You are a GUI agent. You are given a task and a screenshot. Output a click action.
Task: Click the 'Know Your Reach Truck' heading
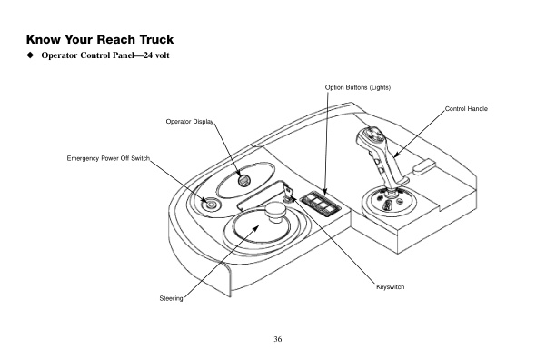tap(100, 39)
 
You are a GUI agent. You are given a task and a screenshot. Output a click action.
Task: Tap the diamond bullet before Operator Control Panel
tap(31, 55)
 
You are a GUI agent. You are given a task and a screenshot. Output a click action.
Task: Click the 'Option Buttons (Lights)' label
tap(357, 87)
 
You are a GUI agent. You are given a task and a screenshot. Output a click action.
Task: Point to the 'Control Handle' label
tap(466, 109)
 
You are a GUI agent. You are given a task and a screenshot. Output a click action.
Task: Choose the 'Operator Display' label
tap(190, 122)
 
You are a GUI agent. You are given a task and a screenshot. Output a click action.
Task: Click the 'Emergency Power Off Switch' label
tap(108, 158)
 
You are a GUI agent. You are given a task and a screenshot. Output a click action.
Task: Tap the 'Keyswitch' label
tap(390, 287)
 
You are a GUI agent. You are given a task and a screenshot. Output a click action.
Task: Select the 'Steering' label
tap(171, 299)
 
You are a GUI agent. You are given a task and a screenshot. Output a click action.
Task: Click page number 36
tap(278, 339)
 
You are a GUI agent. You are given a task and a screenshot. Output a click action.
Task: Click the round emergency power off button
tap(210, 205)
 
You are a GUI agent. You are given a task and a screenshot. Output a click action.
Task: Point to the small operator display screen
tap(243, 181)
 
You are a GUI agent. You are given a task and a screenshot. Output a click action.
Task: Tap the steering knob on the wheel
tap(276, 213)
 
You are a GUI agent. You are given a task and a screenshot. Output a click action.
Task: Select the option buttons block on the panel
tap(320, 204)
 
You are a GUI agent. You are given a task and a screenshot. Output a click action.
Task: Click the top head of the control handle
tap(370, 136)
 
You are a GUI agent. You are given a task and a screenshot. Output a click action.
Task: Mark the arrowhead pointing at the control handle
tap(397, 154)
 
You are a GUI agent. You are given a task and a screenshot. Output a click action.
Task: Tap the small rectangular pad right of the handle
tap(424, 167)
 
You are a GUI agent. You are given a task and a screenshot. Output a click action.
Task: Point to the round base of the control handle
tap(389, 202)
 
